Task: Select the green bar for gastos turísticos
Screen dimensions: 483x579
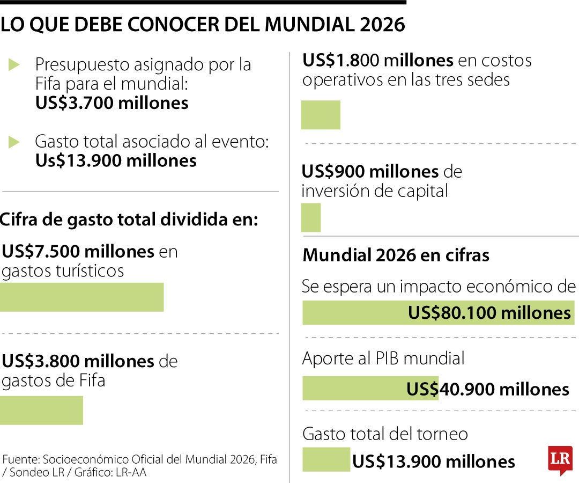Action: point(81,297)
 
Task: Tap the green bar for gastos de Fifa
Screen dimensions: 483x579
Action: point(41,411)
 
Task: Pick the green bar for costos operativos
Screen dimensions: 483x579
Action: point(321,115)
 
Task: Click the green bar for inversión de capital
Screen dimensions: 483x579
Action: point(311,217)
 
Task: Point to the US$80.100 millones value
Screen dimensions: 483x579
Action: point(489,313)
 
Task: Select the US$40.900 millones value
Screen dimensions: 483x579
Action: point(487,389)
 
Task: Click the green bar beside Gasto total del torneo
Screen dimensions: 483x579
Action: point(326,460)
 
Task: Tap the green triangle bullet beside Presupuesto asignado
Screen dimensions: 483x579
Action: point(14,65)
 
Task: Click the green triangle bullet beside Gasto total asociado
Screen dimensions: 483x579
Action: point(14,142)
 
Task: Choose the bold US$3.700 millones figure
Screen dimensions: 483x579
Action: point(112,103)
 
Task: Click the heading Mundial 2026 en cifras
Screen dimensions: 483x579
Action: point(396,255)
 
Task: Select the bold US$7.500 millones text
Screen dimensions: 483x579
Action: point(78,251)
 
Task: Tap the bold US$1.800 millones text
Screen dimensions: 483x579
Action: point(378,60)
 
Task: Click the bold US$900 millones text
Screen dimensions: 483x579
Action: point(370,172)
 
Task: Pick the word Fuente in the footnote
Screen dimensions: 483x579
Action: point(20,460)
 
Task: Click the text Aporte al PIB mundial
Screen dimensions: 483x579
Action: point(383,358)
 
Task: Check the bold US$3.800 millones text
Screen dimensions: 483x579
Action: point(78,361)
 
